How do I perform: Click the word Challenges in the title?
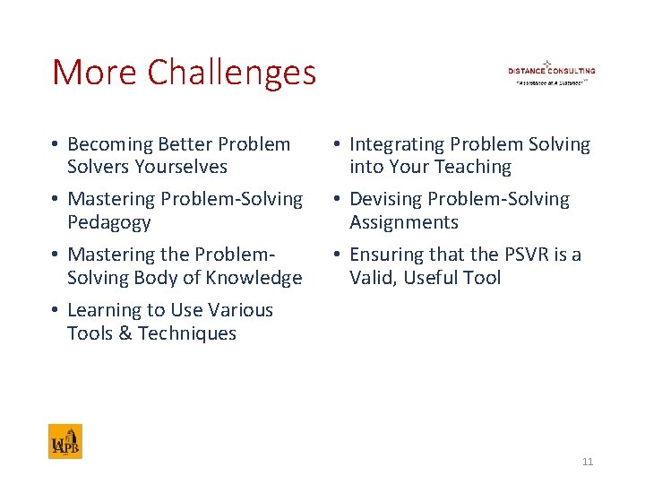click(x=232, y=73)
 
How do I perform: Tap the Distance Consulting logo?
click(x=551, y=72)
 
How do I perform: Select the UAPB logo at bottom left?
click(x=65, y=442)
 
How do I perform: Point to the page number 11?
click(x=588, y=462)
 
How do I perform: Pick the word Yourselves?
click(x=181, y=167)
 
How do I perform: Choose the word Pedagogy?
click(x=108, y=222)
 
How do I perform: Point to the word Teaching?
click(x=474, y=167)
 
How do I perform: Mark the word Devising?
click(x=383, y=199)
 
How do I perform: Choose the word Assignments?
click(x=403, y=222)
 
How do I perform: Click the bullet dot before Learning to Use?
click(x=56, y=311)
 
